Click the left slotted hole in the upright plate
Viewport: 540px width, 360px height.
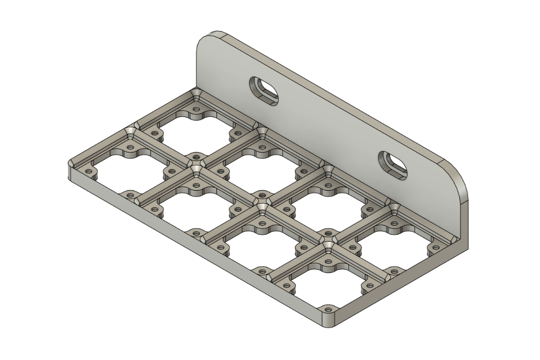click(264, 90)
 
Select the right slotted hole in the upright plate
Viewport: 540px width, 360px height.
click(393, 165)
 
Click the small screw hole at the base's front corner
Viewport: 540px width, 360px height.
click(328, 310)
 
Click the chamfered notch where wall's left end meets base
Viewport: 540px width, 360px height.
click(197, 94)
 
